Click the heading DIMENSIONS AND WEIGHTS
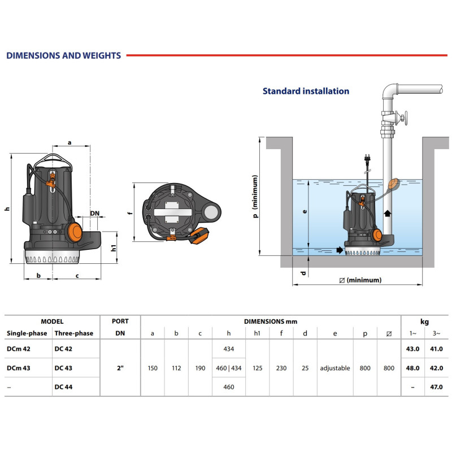click(x=63, y=55)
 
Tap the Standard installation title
click(x=306, y=91)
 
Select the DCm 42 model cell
click(x=19, y=349)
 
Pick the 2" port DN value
click(x=120, y=368)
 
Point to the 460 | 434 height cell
click(x=229, y=368)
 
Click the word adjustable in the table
click(x=334, y=368)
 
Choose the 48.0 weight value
click(x=413, y=368)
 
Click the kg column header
click(x=425, y=321)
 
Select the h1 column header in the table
click(x=257, y=333)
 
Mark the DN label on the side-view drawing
click(x=95, y=213)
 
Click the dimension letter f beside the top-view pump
click(x=129, y=214)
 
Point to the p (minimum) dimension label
click(x=255, y=196)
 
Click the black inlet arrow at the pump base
click(x=338, y=250)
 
